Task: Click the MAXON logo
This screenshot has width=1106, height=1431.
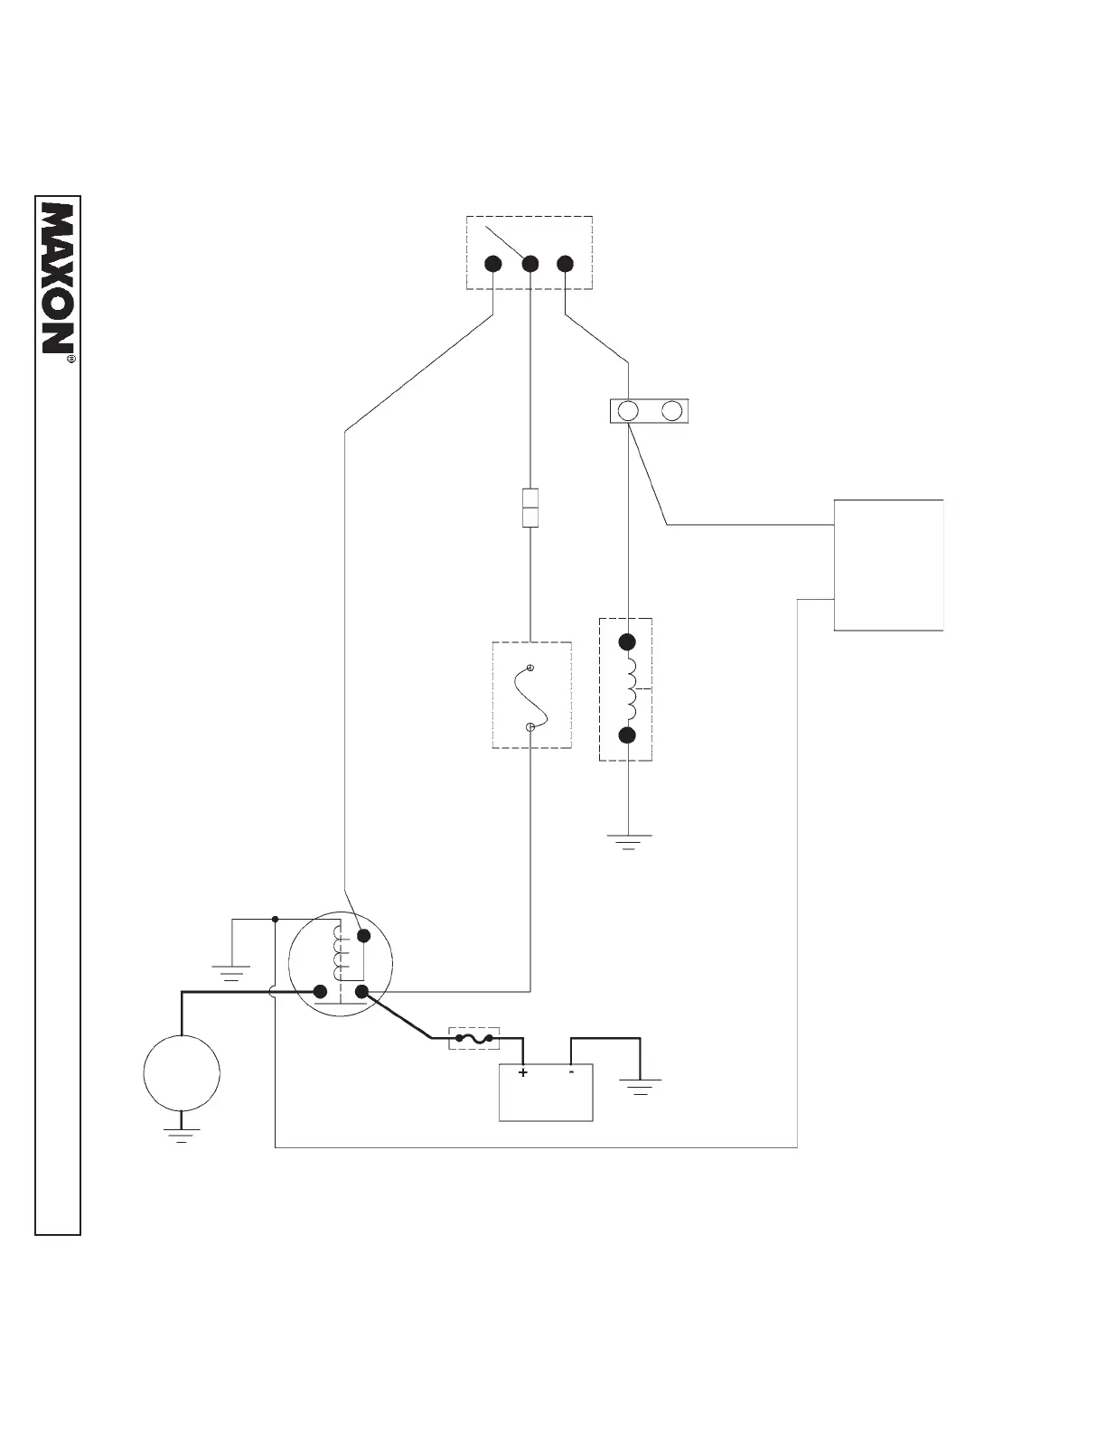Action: click(58, 276)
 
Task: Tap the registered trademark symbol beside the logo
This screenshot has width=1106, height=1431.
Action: click(71, 359)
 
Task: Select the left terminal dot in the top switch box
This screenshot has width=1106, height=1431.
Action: click(493, 264)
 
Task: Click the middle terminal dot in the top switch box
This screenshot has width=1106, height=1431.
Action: click(530, 264)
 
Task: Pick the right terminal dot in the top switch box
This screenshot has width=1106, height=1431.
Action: click(566, 264)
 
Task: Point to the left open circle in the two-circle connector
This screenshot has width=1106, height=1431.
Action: click(628, 411)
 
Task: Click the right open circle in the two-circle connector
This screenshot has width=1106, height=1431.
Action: click(671, 411)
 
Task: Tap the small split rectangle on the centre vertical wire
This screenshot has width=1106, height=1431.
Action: click(530, 507)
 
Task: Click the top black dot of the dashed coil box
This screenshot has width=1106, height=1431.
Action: click(627, 642)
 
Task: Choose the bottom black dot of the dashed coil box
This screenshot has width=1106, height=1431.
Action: click(627, 734)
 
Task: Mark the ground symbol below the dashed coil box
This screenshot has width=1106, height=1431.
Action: click(628, 844)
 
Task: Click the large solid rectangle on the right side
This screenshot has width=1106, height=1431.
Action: click(888, 565)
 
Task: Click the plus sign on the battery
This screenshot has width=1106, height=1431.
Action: click(523, 1073)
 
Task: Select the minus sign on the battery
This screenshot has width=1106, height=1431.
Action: click(572, 1072)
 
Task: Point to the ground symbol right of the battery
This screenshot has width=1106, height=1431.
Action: click(640, 1086)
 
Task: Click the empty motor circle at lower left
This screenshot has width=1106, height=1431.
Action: click(182, 1072)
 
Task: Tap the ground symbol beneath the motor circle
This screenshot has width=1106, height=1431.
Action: click(182, 1136)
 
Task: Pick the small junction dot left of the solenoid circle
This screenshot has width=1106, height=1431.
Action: click(275, 920)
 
